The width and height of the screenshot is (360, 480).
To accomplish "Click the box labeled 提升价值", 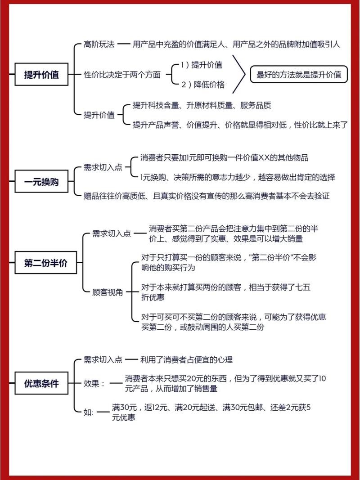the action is click(41, 74).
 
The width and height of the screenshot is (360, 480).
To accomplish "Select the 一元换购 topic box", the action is click(41, 181).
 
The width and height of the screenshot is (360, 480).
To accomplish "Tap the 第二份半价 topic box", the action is click(45, 262).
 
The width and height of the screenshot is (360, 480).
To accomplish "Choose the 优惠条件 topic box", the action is click(41, 383).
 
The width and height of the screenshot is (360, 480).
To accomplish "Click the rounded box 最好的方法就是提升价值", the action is click(299, 74).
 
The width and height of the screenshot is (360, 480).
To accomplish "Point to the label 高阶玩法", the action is click(99, 45).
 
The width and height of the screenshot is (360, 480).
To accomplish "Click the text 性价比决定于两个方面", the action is click(122, 74).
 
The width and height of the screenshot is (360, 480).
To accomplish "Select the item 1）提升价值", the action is click(202, 65).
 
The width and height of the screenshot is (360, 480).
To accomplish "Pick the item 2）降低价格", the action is click(202, 85).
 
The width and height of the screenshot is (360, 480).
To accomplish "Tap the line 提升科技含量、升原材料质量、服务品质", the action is click(202, 105).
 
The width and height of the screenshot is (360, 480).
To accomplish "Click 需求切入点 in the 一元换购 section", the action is click(103, 167).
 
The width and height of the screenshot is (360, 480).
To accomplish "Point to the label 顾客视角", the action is click(108, 292).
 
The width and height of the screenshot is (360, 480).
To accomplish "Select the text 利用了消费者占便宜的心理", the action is click(186, 359).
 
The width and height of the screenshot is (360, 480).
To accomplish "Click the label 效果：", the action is click(94, 383).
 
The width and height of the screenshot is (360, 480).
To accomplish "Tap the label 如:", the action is click(89, 412).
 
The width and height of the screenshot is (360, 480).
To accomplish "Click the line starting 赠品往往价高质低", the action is click(207, 196).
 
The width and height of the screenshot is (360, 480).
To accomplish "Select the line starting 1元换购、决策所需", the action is click(238, 177).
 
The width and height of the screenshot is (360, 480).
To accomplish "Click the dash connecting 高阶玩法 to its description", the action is click(124, 45).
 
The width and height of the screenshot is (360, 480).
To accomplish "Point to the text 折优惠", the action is click(153, 297).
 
